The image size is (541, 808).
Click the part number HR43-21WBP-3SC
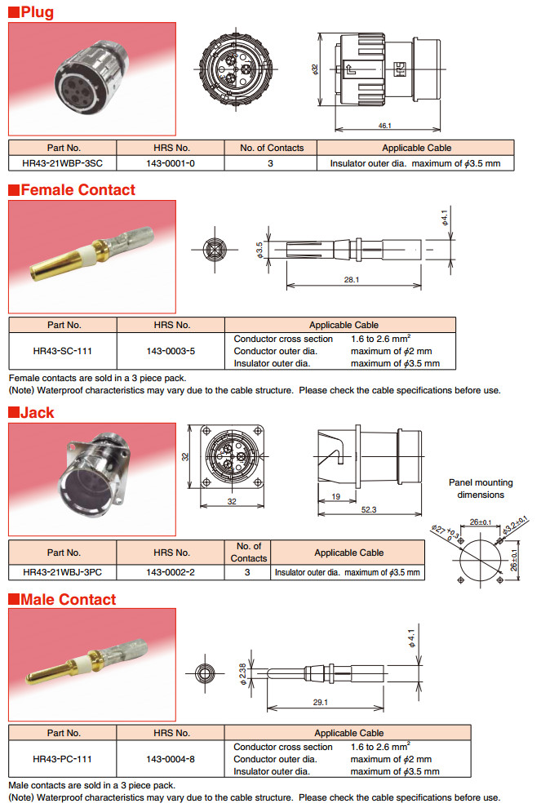(x=63, y=163)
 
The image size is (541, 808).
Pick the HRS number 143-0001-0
(x=171, y=163)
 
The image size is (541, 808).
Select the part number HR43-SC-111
(x=63, y=351)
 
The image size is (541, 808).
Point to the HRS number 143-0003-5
(x=171, y=351)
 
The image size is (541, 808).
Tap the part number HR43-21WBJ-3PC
(x=63, y=572)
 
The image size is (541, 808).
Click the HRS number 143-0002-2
(x=171, y=572)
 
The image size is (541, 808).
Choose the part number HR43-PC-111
(x=63, y=759)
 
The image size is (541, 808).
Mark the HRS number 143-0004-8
(x=171, y=759)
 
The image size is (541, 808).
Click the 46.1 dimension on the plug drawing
(x=384, y=125)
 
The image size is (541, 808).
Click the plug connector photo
(x=91, y=78)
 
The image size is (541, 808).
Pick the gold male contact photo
(x=91, y=666)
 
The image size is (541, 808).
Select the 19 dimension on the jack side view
(x=335, y=495)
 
